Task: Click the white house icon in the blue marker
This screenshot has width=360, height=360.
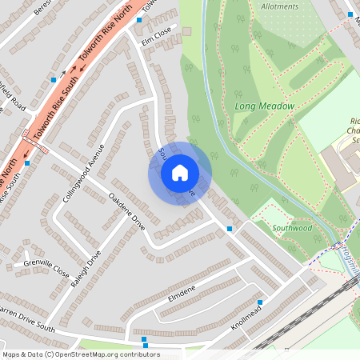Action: pyautogui.click(x=179, y=173)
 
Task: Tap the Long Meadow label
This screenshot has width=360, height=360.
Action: pyautogui.click(x=265, y=106)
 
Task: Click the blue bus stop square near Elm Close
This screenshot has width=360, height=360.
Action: pyautogui.click(x=139, y=19)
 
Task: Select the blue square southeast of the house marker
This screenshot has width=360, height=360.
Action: pyautogui.click(x=230, y=229)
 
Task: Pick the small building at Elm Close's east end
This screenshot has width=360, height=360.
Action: pyautogui.click(x=187, y=31)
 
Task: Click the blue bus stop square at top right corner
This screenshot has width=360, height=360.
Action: pyautogui.click(x=351, y=14)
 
